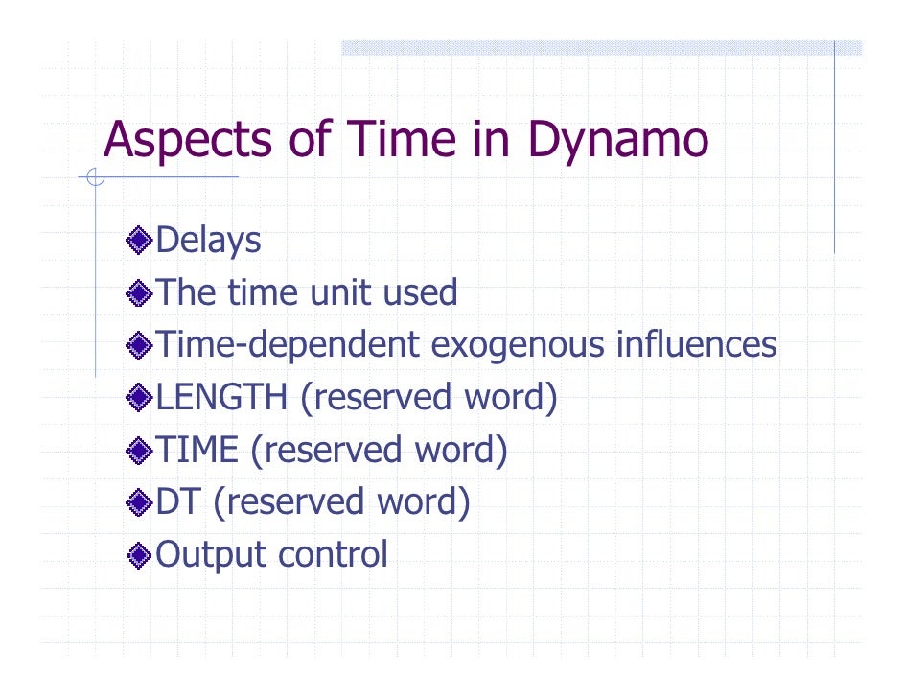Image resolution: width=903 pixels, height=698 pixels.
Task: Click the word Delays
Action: (208, 241)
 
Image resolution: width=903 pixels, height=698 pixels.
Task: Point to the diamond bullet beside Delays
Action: (140, 240)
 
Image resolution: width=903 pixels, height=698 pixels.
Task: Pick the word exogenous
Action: (514, 344)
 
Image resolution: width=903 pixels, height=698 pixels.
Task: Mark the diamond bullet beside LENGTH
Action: (140, 397)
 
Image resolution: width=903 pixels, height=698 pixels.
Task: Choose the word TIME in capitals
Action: (196, 449)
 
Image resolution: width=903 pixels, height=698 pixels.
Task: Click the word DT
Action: (177, 501)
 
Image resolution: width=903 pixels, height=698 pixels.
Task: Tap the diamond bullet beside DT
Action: (140, 501)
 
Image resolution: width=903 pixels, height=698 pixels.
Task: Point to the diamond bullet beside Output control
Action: (140, 554)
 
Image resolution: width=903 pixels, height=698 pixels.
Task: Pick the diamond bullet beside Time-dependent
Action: (140, 344)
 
